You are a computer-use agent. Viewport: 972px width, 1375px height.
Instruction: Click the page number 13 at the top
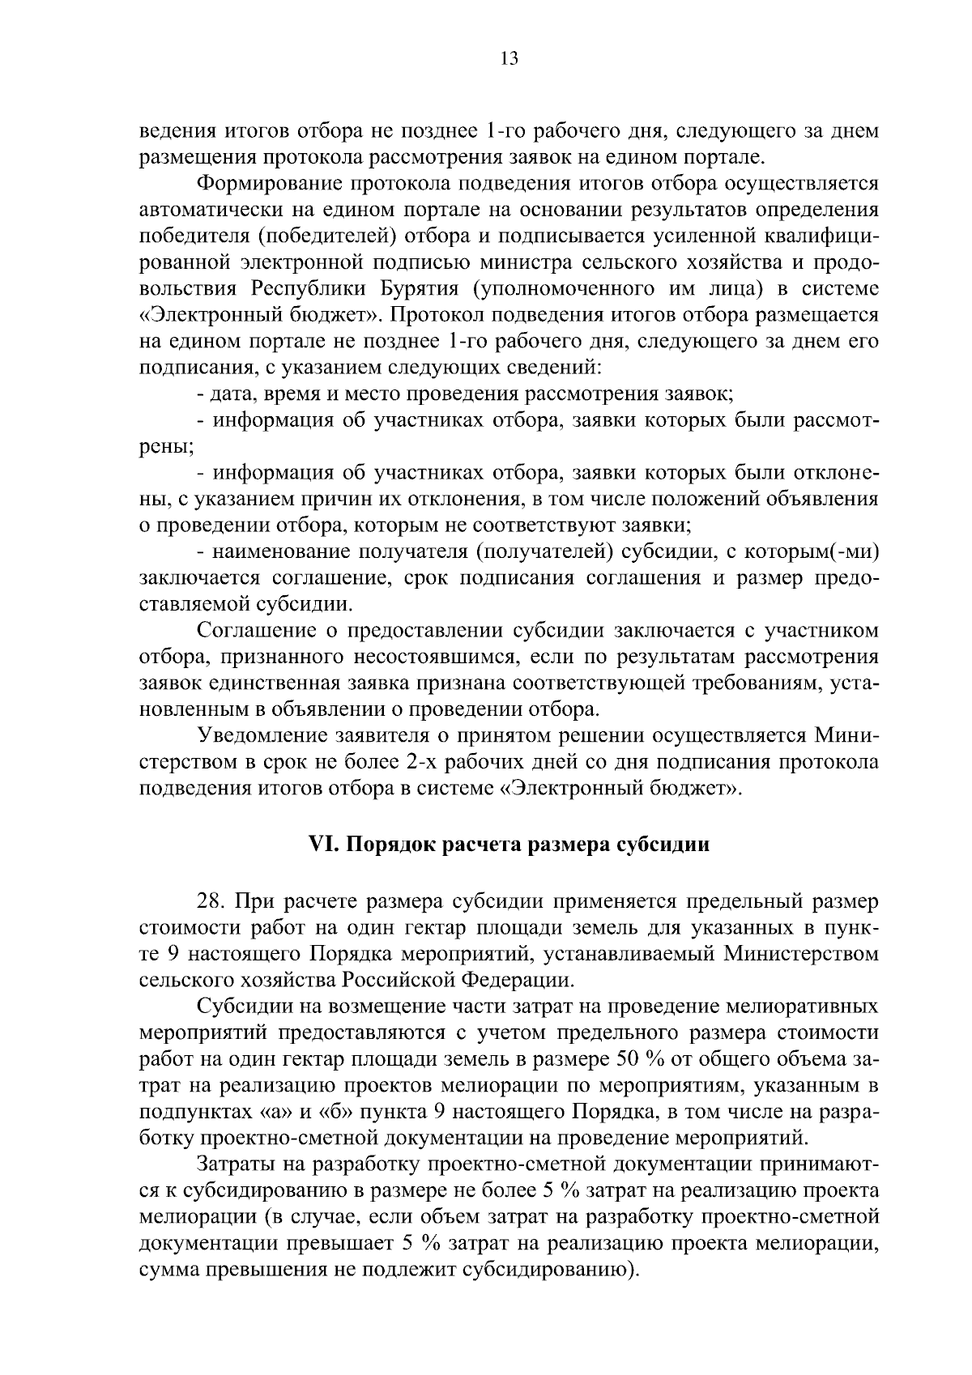[x=509, y=58]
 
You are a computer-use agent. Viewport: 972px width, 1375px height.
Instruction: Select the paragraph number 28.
[x=211, y=901]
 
